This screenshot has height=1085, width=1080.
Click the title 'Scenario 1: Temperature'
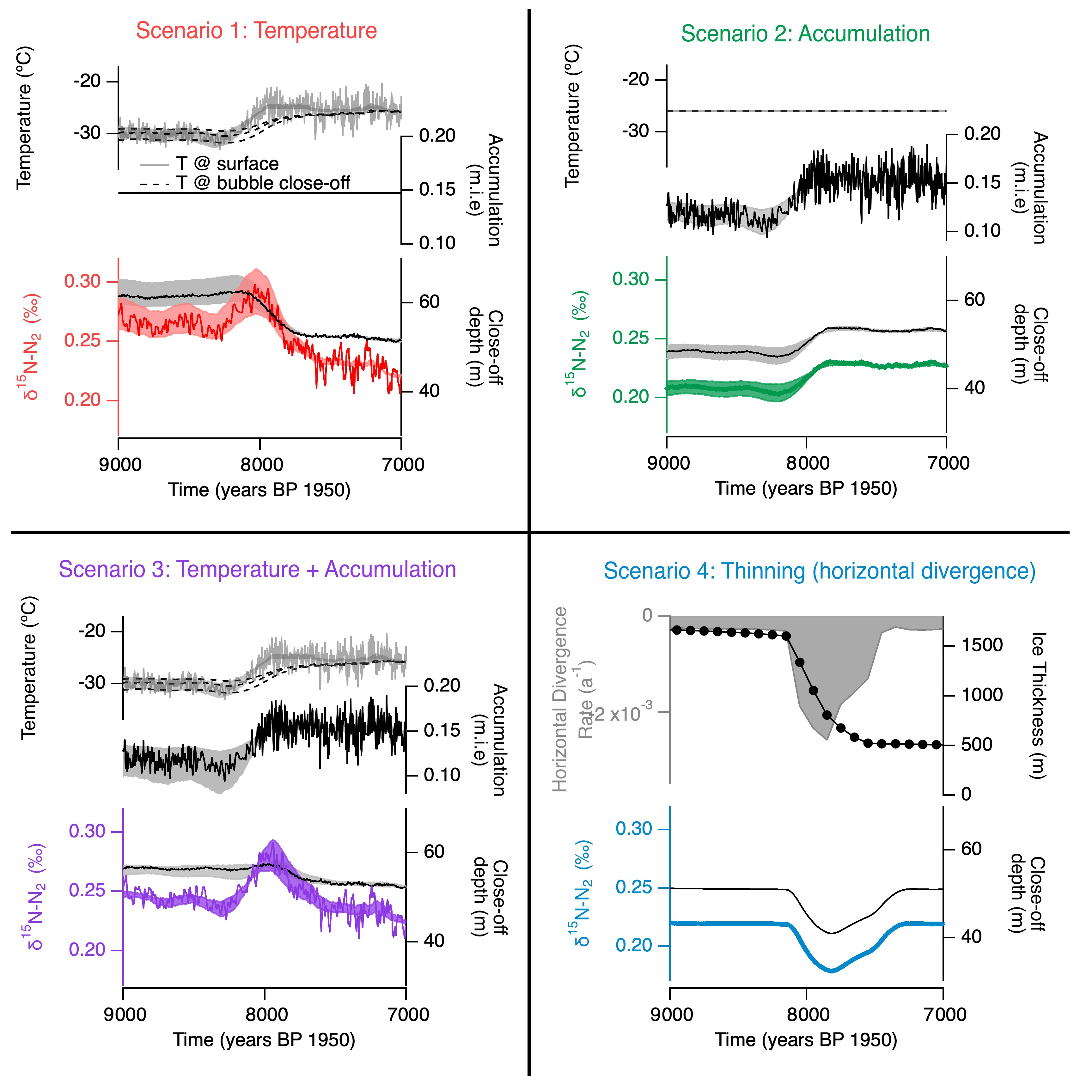pyautogui.click(x=256, y=30)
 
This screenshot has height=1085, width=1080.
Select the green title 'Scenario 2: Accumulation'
pyautogui.click(x=805, y=34)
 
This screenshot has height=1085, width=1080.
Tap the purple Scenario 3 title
pyautogui.click(x=257, y=570)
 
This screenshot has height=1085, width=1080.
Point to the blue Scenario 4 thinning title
pyautogui.click(x=820, y=571)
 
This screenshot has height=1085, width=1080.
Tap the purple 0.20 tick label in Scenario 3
pyautogui.click(x=87, y=950)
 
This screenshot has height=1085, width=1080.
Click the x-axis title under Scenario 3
pyautogui.click(x=264, y=1040)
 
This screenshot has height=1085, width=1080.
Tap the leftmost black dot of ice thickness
pyautogui.click(x=677, y=630)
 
